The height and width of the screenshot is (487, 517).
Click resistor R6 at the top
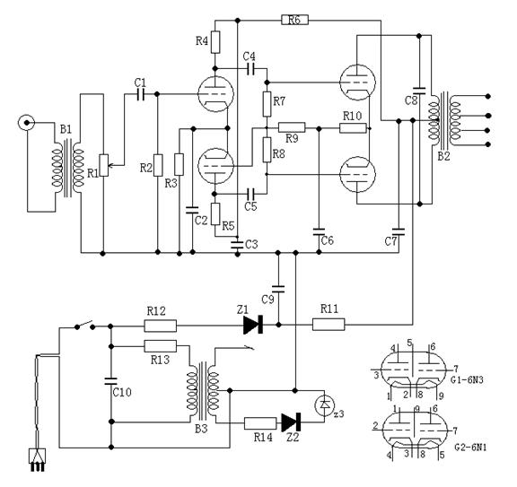294,20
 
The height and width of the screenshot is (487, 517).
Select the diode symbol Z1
253,325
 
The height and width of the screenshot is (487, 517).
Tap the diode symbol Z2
291,422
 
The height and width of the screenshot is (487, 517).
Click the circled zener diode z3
325,406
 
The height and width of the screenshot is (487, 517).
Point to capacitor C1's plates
141,94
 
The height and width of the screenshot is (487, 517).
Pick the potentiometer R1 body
104,165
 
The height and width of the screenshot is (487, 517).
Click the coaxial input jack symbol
26,123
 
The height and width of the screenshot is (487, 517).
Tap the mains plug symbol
38,460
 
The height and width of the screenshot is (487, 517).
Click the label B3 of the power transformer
201,429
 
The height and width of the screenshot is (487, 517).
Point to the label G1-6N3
468,379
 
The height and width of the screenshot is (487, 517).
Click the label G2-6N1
470,448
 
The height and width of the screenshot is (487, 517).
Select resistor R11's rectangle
329,325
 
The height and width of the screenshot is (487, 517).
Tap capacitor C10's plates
110,381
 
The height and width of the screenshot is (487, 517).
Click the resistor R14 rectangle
260,423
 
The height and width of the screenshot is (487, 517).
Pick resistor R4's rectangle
215,42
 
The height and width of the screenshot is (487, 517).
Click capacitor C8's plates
419,91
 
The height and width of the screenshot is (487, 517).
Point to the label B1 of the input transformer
66,129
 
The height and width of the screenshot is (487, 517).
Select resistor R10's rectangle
353,128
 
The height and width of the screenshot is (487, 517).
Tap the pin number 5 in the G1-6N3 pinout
410,343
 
